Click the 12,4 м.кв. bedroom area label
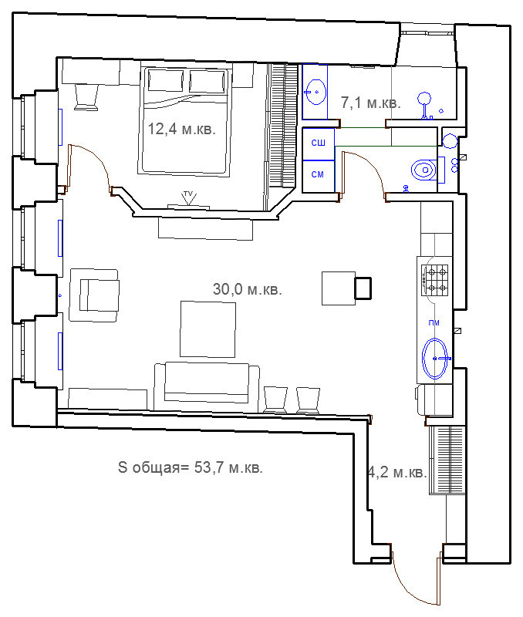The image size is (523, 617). coord(182,129)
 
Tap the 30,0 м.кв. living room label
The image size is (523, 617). coord(248,289)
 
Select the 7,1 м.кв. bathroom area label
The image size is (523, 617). coord(371,103)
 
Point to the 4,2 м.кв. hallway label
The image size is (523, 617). coord(396,472)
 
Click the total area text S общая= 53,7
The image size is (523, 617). coord(190,467)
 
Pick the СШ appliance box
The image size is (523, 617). coord(319,143)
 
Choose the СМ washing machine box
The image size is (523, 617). coord(319,176)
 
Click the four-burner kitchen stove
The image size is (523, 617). coord(435,280)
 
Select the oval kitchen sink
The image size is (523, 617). coord(435,359)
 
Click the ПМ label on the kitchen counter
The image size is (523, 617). coord(434,323)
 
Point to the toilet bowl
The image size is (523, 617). coord(423,170)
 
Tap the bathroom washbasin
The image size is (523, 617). coord(315,92)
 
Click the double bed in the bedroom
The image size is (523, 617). coord(184,120)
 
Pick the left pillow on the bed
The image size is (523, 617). coord(166,81)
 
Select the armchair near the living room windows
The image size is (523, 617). coord(94,295)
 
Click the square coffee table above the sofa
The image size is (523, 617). coord(208,329)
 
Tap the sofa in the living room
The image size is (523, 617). coord(207,387)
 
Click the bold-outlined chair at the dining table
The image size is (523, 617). coord(363,288)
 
